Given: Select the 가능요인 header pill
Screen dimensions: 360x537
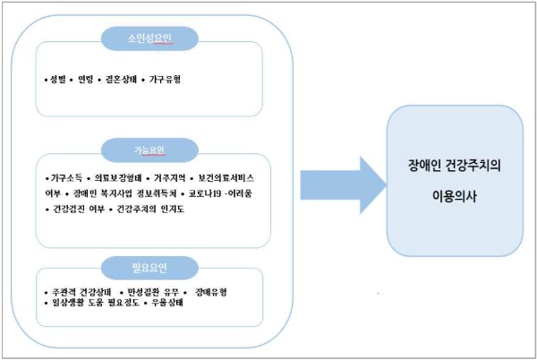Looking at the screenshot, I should coord(150,148).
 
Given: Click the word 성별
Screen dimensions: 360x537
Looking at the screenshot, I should coord(59,80).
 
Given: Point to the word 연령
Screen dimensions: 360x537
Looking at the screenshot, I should coord(88,80).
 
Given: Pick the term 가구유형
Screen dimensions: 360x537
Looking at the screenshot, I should coord(166,80).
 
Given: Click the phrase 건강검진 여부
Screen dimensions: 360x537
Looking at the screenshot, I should coord(73,209).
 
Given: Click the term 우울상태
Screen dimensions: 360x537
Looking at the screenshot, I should coord(166,303).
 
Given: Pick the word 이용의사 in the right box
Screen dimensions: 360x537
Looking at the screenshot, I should coord(454,194).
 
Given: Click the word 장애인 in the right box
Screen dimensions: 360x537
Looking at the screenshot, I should coord(423,167).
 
